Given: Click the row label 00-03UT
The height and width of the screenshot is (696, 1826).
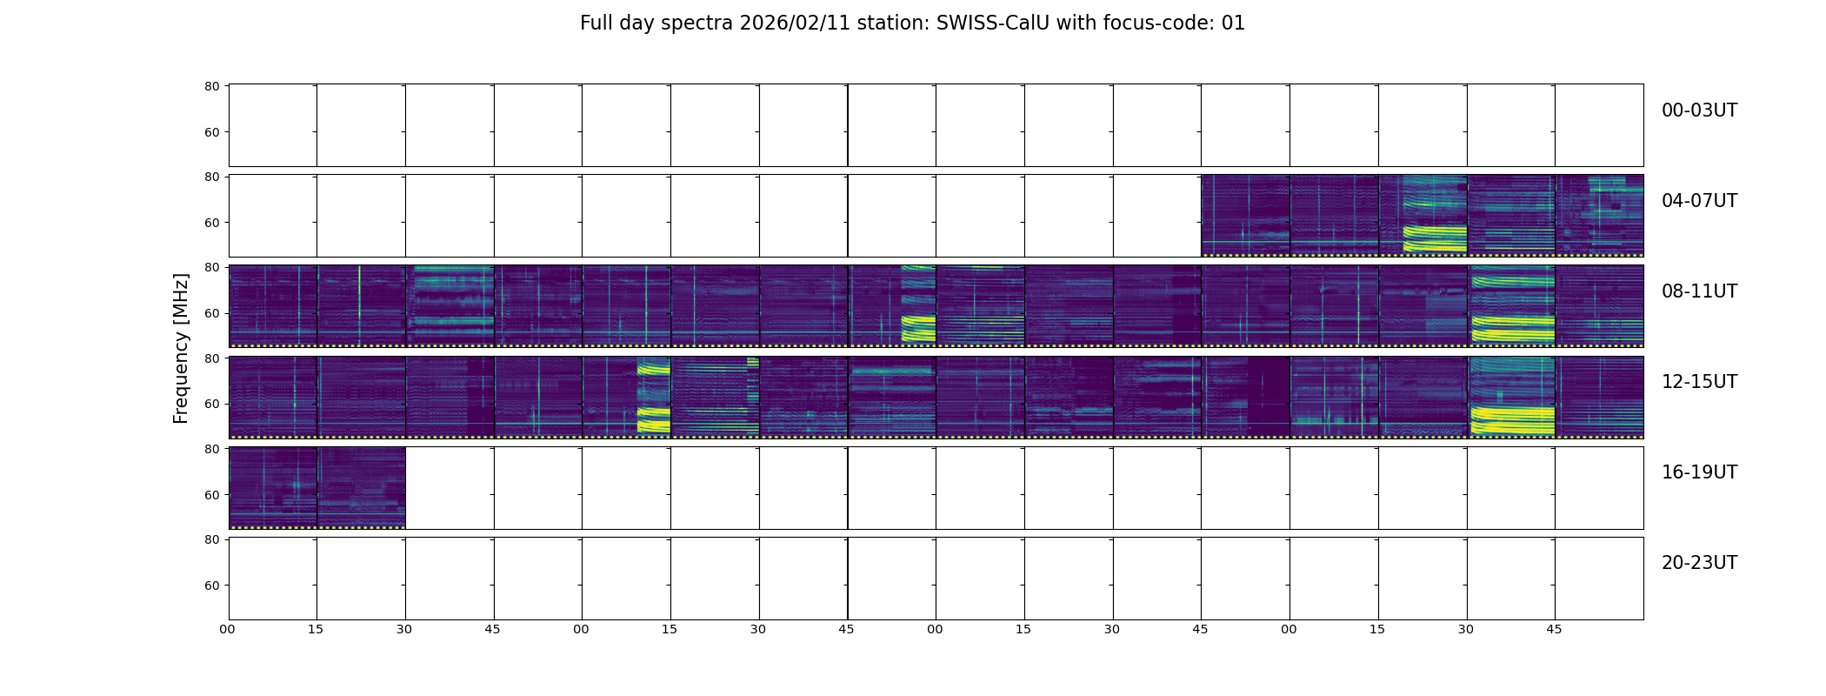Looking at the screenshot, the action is click(1699, 110).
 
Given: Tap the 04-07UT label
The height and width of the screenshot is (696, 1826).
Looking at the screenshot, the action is click(1699, 201).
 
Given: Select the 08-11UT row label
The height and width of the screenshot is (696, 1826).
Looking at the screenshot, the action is click(1699, 291).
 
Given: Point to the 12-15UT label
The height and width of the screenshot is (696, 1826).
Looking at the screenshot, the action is click(1699, 382).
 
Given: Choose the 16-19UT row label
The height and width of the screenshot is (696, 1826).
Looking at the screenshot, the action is click(1699, 472).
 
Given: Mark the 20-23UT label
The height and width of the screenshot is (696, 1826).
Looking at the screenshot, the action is click(1699, 563).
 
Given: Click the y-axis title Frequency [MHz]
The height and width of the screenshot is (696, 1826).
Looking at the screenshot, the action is click(181, 348).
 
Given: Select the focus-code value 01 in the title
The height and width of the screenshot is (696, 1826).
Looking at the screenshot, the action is click(1233, 23).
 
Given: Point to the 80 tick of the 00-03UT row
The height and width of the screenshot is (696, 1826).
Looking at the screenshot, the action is click(211, 86).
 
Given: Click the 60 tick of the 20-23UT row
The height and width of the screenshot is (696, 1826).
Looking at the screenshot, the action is click(211, 586).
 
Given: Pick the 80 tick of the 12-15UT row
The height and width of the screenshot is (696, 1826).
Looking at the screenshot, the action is click(211, 358).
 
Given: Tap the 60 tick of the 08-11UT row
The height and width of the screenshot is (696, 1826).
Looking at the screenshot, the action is click(211, 313).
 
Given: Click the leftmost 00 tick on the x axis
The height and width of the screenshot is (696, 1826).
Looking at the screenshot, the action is click(228, 629).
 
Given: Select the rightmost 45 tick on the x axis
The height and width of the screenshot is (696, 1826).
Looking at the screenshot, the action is click(1554, 629).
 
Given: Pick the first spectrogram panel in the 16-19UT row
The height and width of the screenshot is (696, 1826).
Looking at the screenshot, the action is click(273, 487).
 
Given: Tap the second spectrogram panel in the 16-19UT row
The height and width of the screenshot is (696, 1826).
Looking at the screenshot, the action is click(362, 487).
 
